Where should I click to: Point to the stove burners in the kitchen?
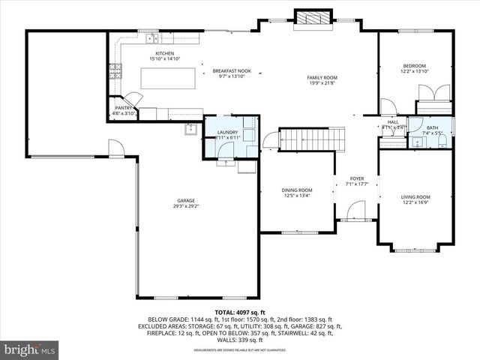pos(116,72)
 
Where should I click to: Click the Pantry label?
pos(124,110)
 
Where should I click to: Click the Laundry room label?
pos(228,135)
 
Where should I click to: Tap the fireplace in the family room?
pos(311,19)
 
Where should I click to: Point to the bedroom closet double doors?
pos(433,93)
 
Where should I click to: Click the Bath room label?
pos(432,130)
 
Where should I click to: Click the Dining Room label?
pos(297,193)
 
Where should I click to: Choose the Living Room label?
pos(415,199)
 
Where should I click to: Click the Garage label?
pos(186,203)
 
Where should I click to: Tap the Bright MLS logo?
pos(30,349)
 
